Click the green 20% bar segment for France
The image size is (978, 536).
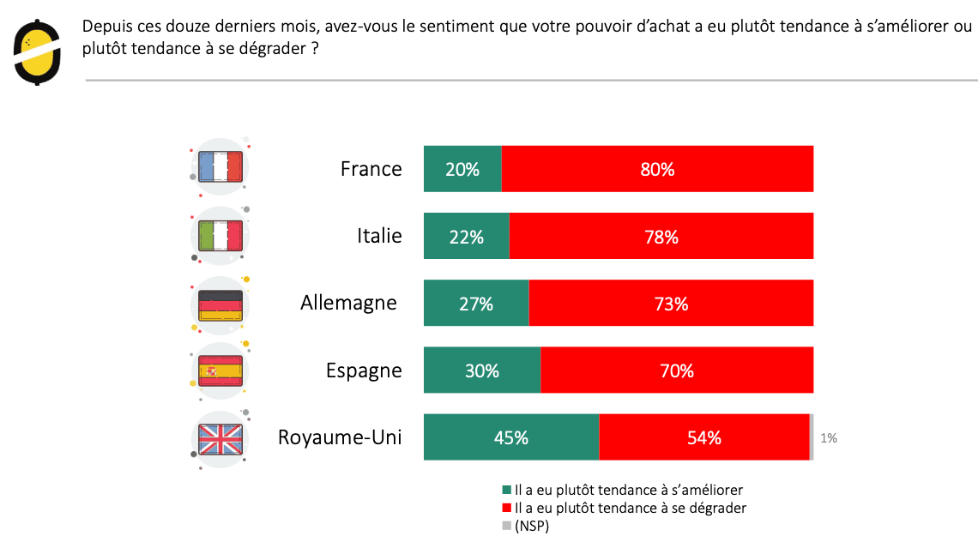(x=462, y=169)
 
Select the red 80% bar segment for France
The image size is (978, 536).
(x=657, y=169)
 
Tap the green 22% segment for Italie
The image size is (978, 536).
(x=466, y=237)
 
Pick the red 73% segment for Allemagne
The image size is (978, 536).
(x=671, y=304)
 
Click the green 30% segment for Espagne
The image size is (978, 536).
(x=482, y=370)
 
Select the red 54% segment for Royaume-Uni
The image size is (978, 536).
(x=703, y=437)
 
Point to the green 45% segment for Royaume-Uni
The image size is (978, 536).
(x=510, y=437)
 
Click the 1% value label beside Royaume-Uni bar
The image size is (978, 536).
(x=829, y=438)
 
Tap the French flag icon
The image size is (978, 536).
(x=220, y=166)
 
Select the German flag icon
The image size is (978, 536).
(x=220, y=304)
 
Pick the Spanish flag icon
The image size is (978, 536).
(x=220, y=371)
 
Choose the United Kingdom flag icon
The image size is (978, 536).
(x=220, y=439)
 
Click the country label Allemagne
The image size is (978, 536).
(x=348, y=303)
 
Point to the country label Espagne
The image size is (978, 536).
(x=364, y=370)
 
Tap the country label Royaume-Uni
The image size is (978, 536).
(x=340, y=437)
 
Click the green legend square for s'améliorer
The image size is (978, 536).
(x=506, y=490)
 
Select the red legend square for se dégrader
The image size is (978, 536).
(x=506, y=508)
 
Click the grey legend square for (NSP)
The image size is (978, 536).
(x=506, y=526)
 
